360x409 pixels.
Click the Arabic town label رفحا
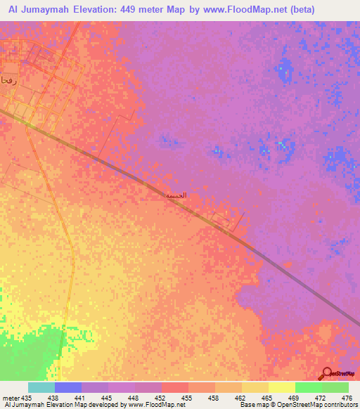pyautogui.click(x=8, y=80)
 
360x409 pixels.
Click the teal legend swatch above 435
pyautogui.click(x=41, y=387)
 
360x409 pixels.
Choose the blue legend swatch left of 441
pyautogui.click(x=67, y=387)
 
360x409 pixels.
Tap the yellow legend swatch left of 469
pyautogui.click(x=281, y=387)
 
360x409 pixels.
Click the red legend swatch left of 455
pyautogui.click(x=174, y=387)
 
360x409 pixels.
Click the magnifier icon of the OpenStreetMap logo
pyautogui.click(x=325, y=374)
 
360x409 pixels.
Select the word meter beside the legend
pyautogui.click(x=11, y=397)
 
